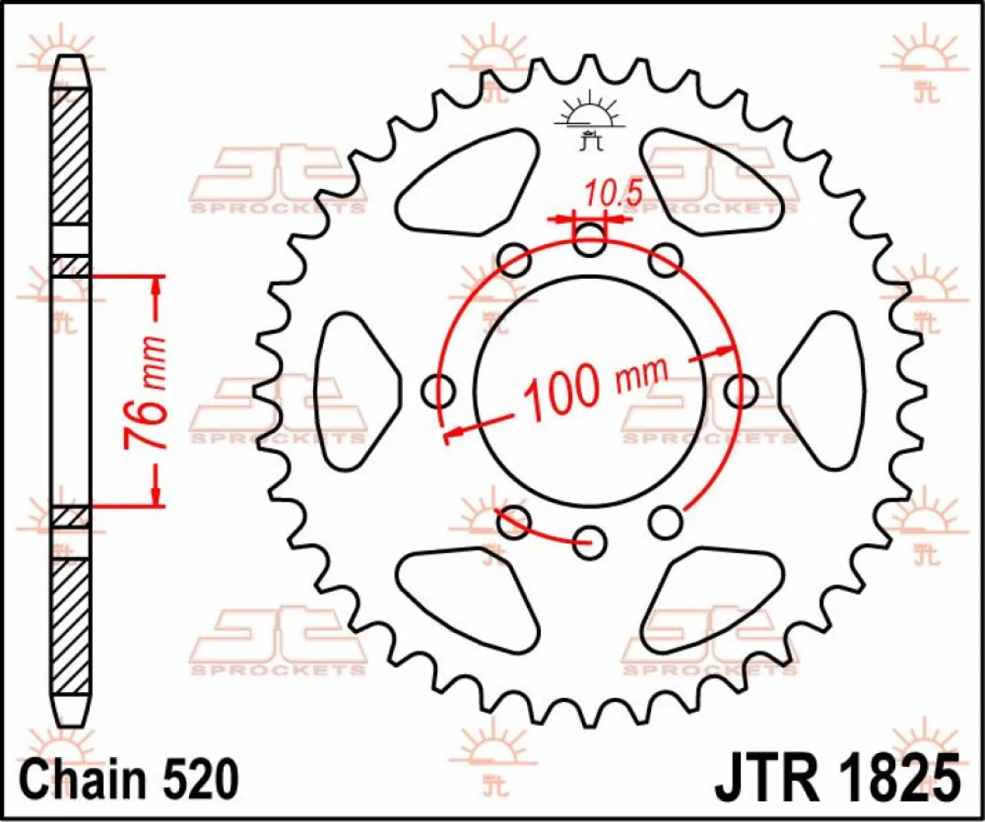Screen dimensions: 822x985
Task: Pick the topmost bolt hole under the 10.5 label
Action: click(x=590, y=242)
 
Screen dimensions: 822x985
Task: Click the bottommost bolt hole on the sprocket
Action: click(x=589, y=543)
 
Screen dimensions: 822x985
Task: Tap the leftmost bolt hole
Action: click(x=438, y=391)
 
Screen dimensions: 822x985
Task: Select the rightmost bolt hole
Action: click(x=742, y=389)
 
